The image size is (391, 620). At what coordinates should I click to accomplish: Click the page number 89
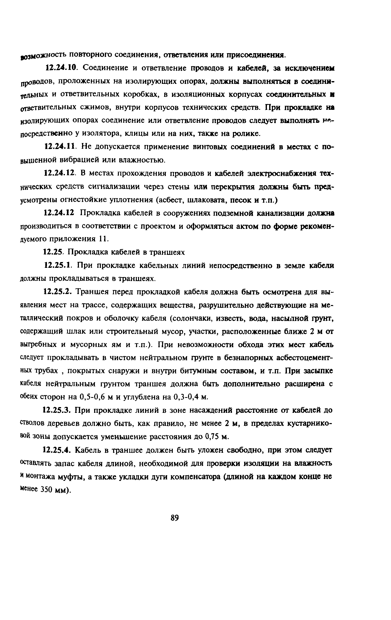point(175,517)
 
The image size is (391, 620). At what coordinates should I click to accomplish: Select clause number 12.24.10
point(61,68)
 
